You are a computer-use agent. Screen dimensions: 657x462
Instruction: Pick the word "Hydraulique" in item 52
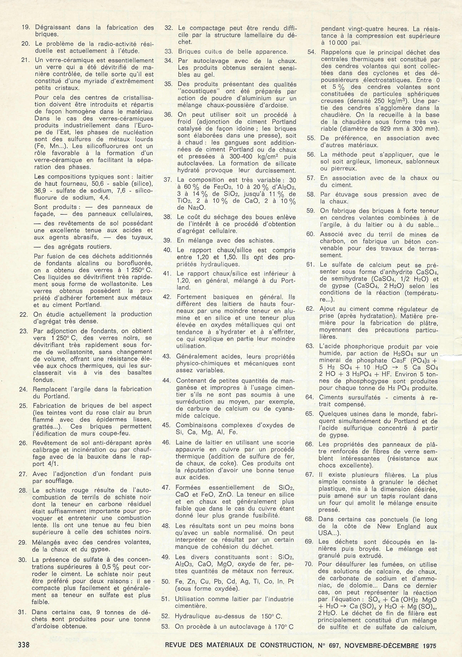(192, 617)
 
